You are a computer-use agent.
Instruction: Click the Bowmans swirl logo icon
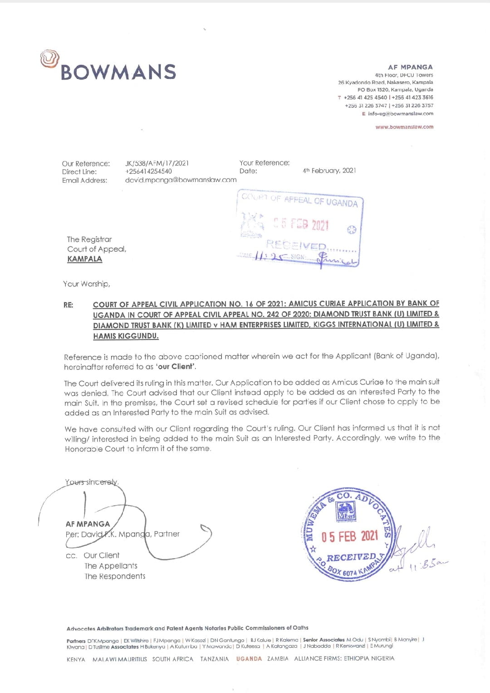coord(49,59)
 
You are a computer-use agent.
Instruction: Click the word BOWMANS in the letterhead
coord(118,72)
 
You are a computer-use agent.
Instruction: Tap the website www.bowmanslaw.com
coord(404,127)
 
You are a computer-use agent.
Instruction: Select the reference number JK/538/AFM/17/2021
coord(157,163)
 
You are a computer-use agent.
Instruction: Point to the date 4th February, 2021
coord(329,171)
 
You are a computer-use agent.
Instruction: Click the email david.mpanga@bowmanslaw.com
coord(181,180)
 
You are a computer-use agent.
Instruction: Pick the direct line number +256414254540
coord(148,172)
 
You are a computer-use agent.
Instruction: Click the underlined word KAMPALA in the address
coord(85,259)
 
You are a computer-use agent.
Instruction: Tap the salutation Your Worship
coord(86,284)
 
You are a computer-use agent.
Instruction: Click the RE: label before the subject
coord(69,305)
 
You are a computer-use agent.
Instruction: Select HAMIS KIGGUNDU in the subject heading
coord(126,336)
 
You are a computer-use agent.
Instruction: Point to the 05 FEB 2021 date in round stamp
coord(349,537)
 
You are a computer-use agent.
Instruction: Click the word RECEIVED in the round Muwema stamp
coord(351,557)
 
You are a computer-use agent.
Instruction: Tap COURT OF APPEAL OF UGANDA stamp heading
coord(299,200)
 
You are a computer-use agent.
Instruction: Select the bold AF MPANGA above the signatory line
coord(88,524)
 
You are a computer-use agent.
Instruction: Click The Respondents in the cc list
coord(115,576)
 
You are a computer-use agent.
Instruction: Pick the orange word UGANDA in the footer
coord(249,659)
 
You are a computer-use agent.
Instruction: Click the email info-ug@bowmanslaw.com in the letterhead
coord(400,114)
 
